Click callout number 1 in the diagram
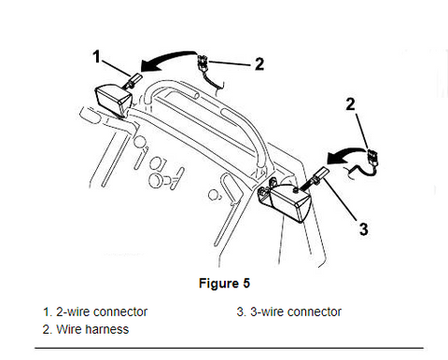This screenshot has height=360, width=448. click(97, 57)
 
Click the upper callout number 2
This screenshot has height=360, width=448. click(259, 64)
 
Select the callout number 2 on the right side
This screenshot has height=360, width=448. click(351, 104)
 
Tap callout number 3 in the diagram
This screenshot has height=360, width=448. click(364, 229)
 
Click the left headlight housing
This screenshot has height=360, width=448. click(114, 100)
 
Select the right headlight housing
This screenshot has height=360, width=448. click(290, 201)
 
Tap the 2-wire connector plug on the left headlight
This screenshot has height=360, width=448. click(134, 79)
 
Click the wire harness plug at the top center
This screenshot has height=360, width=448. click(203, 62)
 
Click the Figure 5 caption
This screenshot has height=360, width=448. click(224, 284)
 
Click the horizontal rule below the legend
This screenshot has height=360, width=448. click(229, 348)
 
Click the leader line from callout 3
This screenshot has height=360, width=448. click(341, 199)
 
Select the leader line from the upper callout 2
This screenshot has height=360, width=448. click(230, 63)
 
